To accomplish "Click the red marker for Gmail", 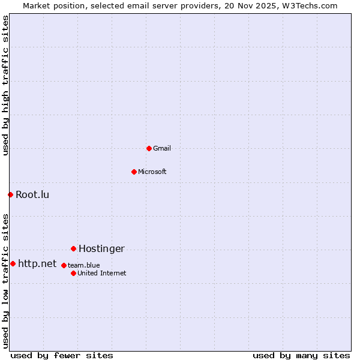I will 149,148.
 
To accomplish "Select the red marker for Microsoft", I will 134,172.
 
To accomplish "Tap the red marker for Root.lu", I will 10,194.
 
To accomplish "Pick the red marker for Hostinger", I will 73,248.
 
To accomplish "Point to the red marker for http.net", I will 13,263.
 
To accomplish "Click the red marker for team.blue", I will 64,265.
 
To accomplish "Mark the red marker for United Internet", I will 73,273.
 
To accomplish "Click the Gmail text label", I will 162,148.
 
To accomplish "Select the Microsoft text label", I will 152,172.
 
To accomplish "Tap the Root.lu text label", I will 32,194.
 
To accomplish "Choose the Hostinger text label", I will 101,248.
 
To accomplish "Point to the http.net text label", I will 37,263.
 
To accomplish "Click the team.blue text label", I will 84,265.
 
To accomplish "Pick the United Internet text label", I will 102,273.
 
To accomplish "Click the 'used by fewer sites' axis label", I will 62,355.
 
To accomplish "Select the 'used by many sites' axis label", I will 301,355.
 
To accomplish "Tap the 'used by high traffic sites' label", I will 5,85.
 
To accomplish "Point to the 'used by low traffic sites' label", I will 5,281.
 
